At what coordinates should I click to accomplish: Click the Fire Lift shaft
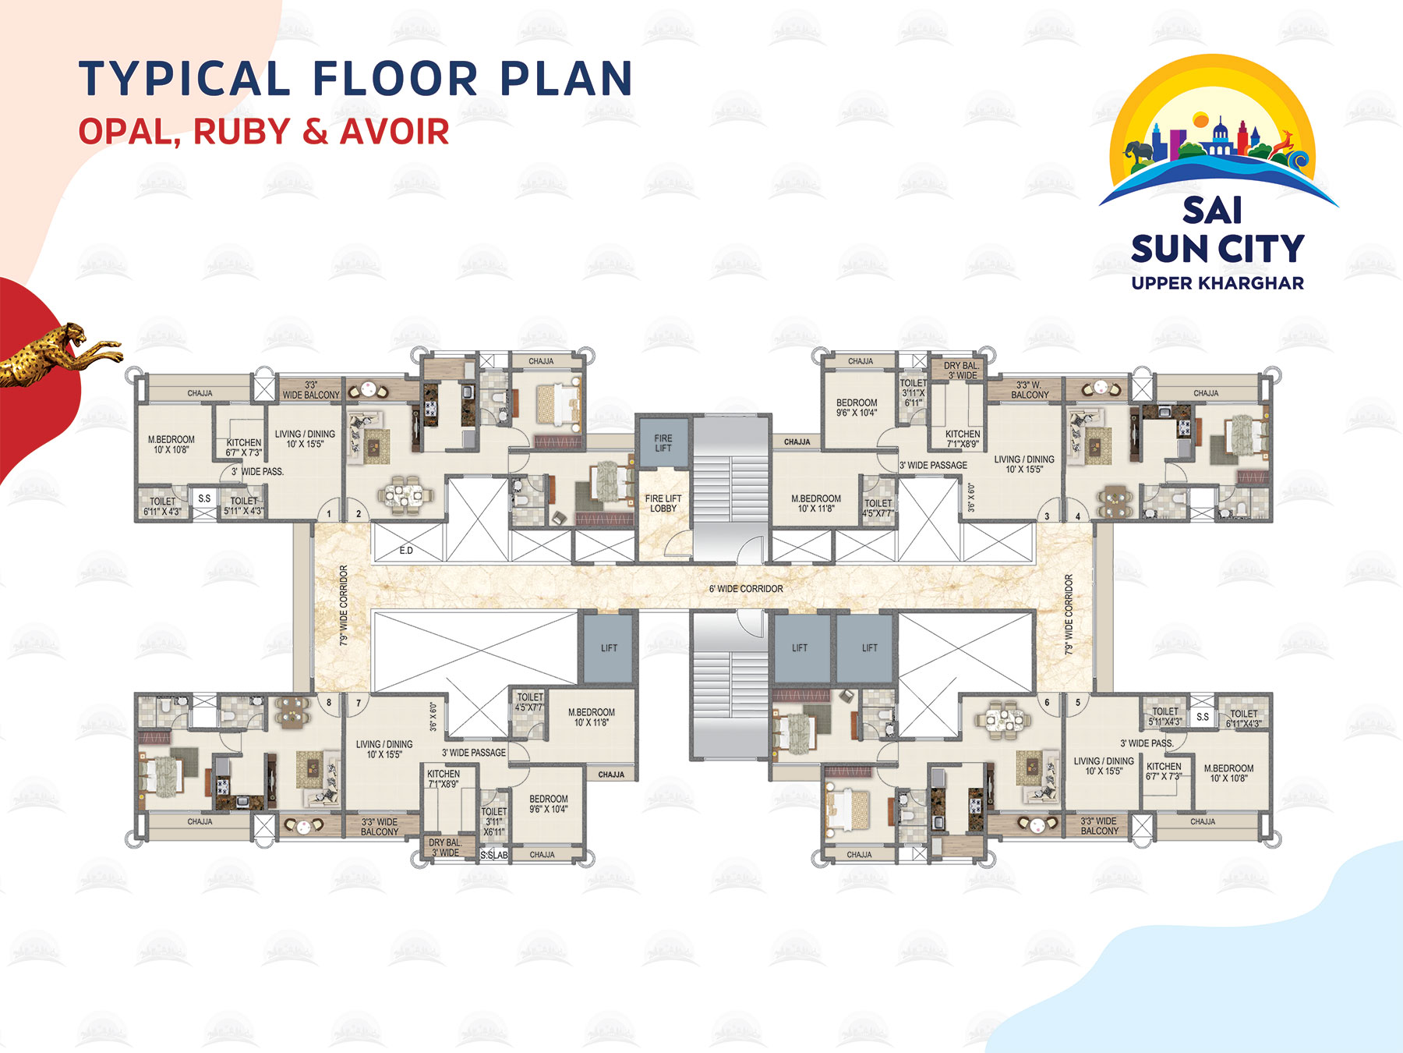click(x=663, y=442)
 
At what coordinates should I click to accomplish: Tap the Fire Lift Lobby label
click(x=663, y=503)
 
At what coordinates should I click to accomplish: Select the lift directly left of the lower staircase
click(x=609, y=648)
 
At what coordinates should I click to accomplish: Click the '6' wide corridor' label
click(x=746, y=589)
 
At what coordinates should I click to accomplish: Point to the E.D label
click(x=406, y=551)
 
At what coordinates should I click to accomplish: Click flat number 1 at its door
click(x=329, y=514)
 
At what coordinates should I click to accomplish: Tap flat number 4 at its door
click(x=1078, y=516)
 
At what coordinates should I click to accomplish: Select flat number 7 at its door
click(x=359, y=703)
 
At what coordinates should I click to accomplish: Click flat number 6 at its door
click(x=1047, y=702)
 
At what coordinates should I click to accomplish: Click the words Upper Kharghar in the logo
click(x=1217, y=283)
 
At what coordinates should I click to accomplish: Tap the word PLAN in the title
click(x=566, y=80)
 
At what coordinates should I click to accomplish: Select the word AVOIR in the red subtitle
click(x=394, y=132)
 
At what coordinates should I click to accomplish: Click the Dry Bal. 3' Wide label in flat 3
click(x=961, y=370)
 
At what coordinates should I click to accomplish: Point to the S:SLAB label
click(x=493, y=855)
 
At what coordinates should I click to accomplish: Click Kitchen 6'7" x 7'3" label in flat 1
click(x=244, y=447)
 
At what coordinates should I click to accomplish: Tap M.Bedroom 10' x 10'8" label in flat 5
click(x=1228, y=773)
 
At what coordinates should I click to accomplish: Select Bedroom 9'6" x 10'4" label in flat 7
click(x=549, y=804)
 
